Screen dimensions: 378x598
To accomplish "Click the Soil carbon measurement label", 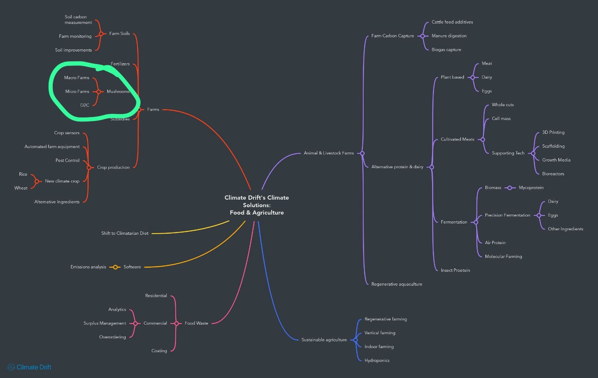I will point(78,19).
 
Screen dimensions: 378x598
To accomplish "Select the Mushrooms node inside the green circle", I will point(118,92).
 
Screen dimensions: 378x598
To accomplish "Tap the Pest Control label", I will point(67,160).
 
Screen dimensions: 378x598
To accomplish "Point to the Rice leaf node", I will point(23,174).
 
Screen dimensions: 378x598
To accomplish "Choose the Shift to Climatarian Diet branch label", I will point(124,233).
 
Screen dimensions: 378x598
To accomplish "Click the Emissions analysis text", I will point(88,267).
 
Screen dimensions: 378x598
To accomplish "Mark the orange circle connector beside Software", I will point(115,267).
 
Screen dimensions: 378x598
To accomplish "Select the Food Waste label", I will point(196,323).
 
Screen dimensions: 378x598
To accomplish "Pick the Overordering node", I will point(112,337).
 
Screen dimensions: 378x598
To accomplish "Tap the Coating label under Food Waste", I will point(159,351).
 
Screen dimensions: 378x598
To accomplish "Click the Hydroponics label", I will point(377,360).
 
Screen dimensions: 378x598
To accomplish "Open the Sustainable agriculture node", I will point(324,340).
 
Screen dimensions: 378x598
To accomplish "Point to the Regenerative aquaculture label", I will point(397,284).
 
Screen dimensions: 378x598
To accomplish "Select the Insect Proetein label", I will point(455,270).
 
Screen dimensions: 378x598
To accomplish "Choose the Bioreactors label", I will point(553,174).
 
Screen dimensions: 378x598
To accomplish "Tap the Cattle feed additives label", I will point(452,22).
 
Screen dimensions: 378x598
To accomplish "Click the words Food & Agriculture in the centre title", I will point(257,213).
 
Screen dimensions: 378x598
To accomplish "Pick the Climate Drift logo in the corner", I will point(30,367).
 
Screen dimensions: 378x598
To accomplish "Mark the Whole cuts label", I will point(503,105).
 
